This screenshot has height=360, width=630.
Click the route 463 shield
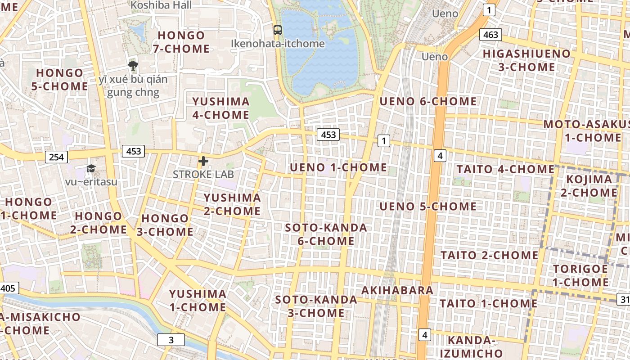click(x=490, y=35)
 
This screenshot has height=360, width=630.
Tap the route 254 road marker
click(x=56, y=157)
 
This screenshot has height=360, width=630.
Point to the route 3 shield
click(x=171, y=340)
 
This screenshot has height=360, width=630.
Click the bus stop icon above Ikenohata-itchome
click(x=278, y=30)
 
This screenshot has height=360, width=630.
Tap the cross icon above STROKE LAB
click(x=203, y=161)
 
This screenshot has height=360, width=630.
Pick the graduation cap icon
click(x=91, y=168)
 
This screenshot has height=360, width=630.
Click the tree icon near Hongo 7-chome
click(x=133, y=66)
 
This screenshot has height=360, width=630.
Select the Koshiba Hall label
click(x=161, y=5)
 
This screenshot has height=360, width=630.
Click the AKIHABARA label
click(x=397, y=290)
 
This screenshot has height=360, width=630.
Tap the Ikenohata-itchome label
click(x=278, y=44)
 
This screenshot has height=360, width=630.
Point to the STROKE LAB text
click(x=203, y=174)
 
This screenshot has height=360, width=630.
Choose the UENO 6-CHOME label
click(x=428, y=101)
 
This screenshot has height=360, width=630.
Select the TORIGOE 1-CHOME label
click(x=580, y=275)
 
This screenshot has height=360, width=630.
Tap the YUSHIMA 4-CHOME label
click(x=220, y=108)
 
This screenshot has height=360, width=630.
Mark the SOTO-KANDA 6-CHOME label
click(x=326, y=234)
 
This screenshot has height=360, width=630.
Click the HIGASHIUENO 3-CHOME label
click(x=526, y=60)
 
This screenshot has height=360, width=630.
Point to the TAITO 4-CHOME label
click(x=505, y=170)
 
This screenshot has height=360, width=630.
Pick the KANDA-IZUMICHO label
click(x=471, y=346)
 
